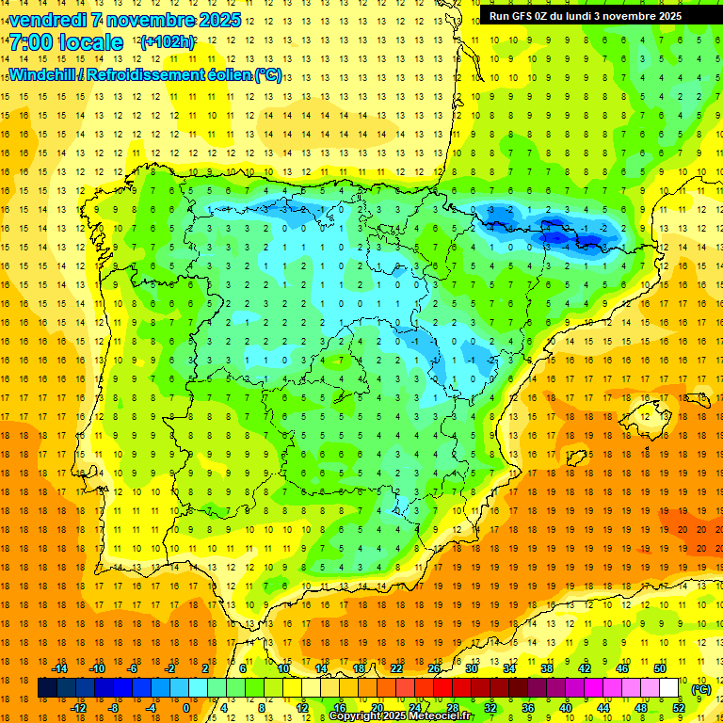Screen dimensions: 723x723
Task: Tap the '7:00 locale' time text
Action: point(66,42)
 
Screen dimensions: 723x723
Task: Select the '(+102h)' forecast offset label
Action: point(168,42)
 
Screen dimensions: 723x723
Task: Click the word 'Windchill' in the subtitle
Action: point(43,74)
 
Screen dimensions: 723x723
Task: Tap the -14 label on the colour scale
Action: point(61,668)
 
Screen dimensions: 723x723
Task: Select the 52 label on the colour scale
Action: point(679,707)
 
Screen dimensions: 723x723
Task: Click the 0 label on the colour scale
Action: point(186,707)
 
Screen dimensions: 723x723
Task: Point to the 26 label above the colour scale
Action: point(434,668)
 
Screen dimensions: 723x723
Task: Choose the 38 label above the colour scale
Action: point(547,668)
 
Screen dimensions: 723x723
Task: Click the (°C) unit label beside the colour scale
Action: point(701,689)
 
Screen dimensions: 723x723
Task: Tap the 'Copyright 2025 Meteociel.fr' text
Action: point(400,716)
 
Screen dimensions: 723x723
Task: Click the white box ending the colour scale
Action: point(669,688)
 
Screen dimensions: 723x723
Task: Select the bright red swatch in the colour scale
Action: point(443,688)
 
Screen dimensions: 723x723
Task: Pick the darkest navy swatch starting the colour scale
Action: point(47,688)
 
